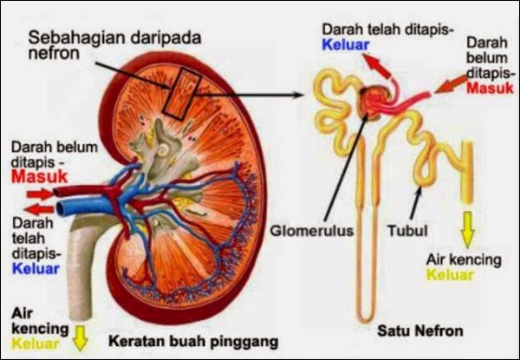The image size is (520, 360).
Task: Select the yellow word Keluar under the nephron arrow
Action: [x=452, y=275]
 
